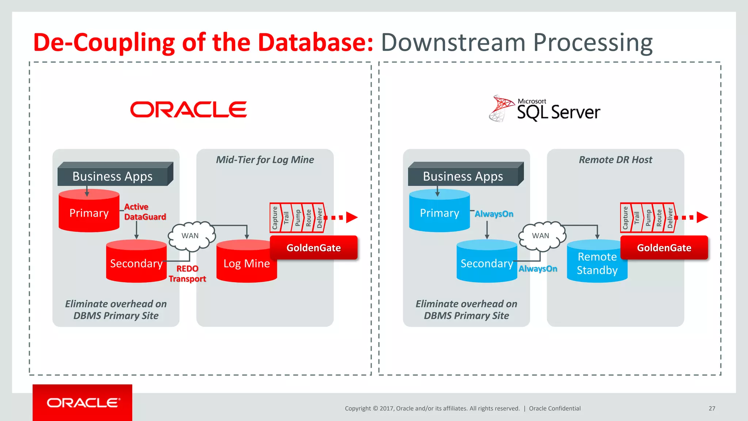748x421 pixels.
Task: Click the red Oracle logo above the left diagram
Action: click(188, 110)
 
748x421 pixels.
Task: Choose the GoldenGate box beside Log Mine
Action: click(313, 248)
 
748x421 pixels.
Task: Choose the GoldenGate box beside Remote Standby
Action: click(664, 248)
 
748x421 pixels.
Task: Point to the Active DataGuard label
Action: click(145, 212)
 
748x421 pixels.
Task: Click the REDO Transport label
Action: click(187, 274)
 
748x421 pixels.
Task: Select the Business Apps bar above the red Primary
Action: click(112, 176)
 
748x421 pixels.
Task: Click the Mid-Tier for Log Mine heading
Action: click(265, 160)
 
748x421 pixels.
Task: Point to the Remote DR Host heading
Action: click(615, 160)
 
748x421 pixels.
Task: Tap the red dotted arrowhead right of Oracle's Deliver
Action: click(351, 217)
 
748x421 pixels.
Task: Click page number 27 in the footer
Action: click(712, 408)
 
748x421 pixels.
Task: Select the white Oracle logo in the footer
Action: click(83, 403)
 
